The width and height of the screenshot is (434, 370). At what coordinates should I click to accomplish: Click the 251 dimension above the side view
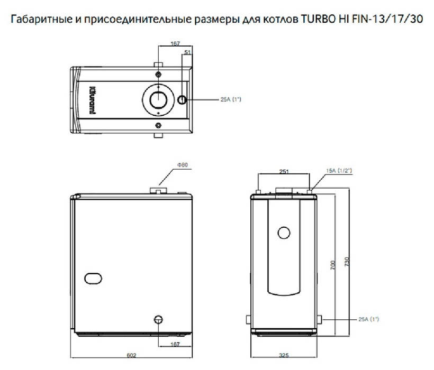click(x=283, y=171)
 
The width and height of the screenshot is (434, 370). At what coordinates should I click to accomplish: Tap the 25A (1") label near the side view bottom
click(x=368, y=319)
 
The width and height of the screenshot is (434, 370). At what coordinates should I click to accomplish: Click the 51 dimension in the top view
click(x=187, y=52)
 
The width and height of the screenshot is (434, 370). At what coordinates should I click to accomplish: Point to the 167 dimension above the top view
click(x=175, y=45)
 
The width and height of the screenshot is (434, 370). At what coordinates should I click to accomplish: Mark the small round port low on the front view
click(x=159, y=319)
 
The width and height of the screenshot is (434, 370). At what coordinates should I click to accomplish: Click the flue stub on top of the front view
click(x=158, y=189)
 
